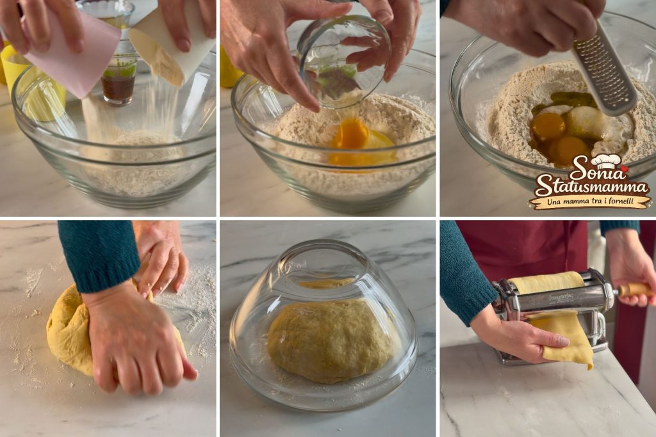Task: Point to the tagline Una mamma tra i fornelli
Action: click(x=590, y=202)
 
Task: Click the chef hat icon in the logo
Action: click(x=606, y=160)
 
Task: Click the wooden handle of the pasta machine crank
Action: click(x=634, y=289)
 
